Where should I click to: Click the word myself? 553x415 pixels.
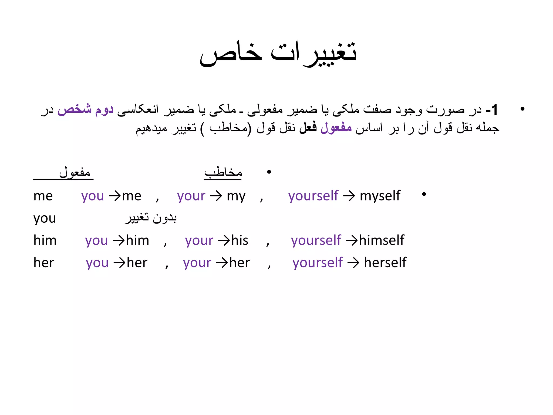pos(380,196)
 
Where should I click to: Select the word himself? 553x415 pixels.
pos(382,240)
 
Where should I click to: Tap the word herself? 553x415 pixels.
pos(385,263)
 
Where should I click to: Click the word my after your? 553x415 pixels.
pos(236,196)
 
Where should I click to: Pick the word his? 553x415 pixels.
pos(240,240)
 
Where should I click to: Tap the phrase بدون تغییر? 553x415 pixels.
pos(151,218)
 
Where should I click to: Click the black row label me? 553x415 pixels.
pos(43,196)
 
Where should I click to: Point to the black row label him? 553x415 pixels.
pos(45,240)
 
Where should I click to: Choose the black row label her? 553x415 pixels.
pos(44,263)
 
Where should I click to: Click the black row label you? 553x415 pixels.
pos(45,218)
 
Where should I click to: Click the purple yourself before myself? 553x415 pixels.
pos(313,196)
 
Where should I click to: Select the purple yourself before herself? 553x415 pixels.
pos(318,263)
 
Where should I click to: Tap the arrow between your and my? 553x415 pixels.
pos(216,196)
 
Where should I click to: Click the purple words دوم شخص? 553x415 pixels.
pos(85,109)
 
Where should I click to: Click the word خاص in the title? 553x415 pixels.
pos(231,53)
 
